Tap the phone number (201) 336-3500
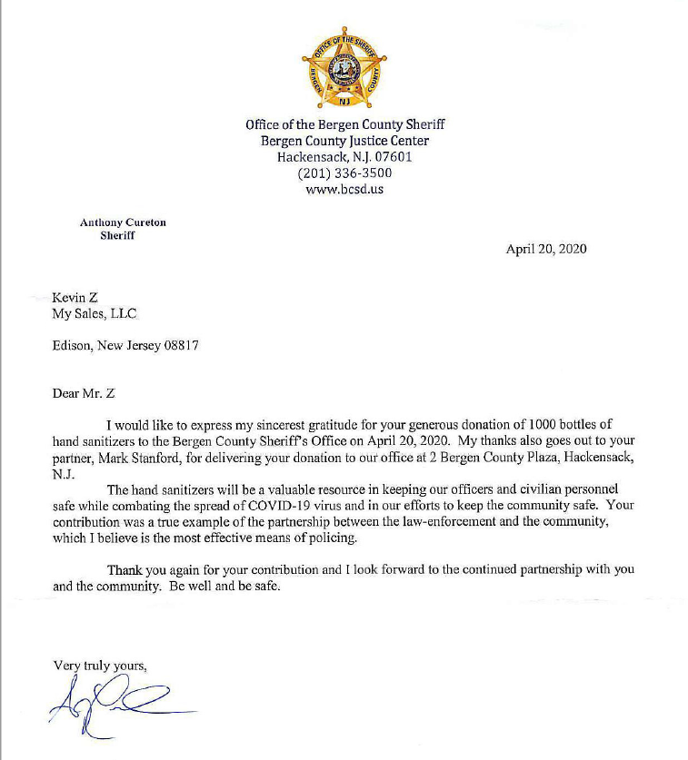(x=344, y=173)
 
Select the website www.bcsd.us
(x=344, y=189)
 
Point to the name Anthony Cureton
(x=123, y=222)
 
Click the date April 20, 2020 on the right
(x=545, y=250)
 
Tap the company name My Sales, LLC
(x=95, y=314)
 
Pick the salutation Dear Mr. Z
(x=85, y=393)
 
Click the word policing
(x=330, y=538)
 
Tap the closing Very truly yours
(x=100, y=666)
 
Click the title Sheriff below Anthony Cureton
(x=117, y=235)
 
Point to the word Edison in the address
(x=73, y=346)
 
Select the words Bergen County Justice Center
(x=344, y=141)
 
